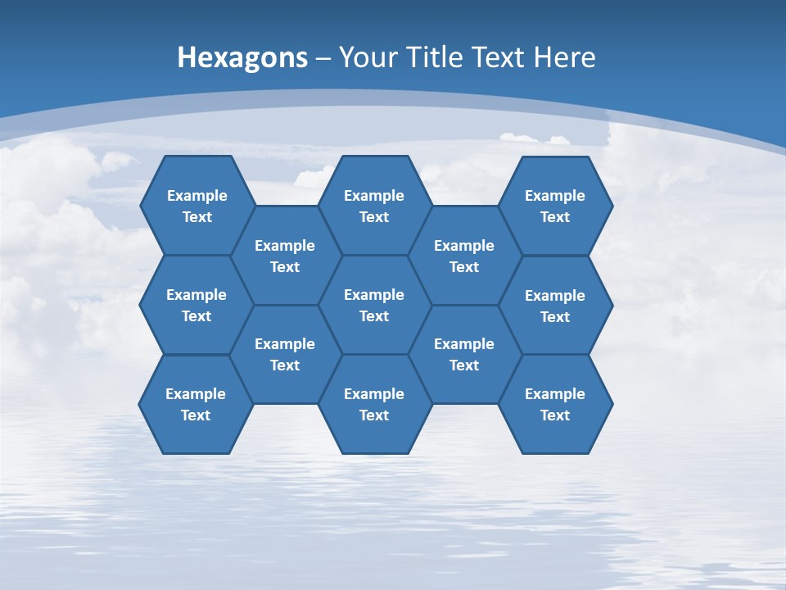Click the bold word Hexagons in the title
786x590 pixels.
point(242,58)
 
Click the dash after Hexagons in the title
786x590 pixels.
point(323,58)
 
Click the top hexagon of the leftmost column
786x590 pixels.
point(196,206)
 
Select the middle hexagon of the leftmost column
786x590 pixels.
point(196,305)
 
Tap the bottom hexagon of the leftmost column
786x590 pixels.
point(196,404)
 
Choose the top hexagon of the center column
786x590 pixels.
point(374,206)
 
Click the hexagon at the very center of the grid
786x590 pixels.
point(374,305)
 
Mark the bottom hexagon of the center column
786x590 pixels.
point(374,404)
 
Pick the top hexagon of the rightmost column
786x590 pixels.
point(555,206)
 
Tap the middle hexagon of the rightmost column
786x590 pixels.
point(555,306)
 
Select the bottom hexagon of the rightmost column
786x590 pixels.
point(555,404)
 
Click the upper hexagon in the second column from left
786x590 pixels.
point(285,256)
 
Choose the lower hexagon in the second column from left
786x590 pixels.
point(285,354)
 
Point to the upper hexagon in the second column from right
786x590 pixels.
point(464,256)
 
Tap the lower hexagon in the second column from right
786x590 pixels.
point(464,354)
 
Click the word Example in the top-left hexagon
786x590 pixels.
point(196,196)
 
